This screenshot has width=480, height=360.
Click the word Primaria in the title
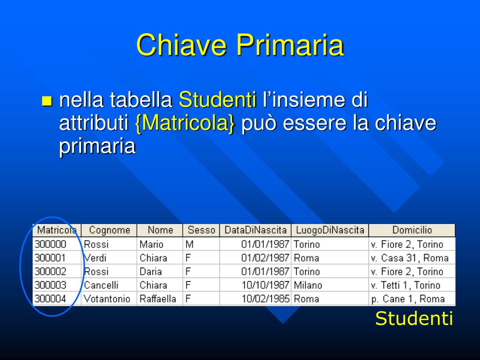[290, 45]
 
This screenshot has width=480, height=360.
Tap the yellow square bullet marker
[47, 101]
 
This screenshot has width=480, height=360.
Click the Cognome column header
[109, 230]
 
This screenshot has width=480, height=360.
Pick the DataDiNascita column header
[255, 230]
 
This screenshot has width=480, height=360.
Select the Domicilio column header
[412, 230]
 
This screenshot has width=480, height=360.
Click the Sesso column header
[201, 230]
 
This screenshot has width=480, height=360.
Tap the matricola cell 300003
[50, 285]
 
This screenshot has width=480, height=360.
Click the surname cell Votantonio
[107, 299]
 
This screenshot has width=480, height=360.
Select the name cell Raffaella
[157, 299]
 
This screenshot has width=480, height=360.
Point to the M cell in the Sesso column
[189, 244]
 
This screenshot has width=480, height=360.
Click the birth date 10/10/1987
[265, 285]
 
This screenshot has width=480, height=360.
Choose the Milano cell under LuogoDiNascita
[307, 285]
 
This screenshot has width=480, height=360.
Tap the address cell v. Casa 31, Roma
[410, 258]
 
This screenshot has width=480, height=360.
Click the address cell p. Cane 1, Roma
[408, 299]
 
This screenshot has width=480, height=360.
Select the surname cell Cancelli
[101, 285]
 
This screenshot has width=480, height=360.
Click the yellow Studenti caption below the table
[414, 318]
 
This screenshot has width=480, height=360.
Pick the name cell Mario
[151, 244]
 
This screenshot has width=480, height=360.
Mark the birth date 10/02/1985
[265, 299]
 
